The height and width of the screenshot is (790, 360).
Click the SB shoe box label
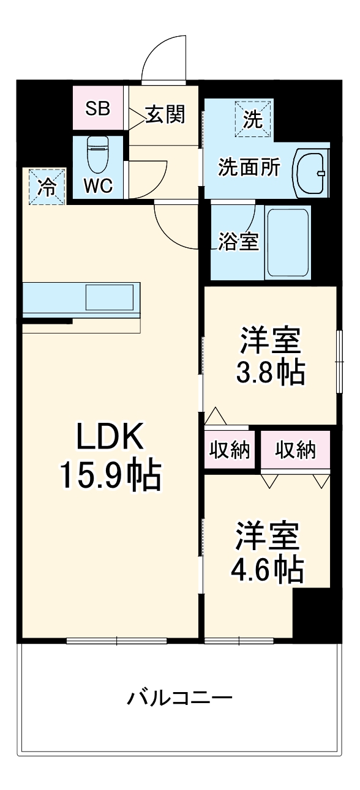coord(97,108)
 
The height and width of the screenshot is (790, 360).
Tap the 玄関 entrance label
coord(165,114)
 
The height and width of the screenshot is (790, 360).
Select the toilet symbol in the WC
coord(97,155)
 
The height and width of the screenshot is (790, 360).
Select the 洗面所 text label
coord(249,167)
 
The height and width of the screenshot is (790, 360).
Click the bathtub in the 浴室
coord(287,242)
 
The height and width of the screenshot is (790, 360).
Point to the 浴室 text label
coord(238,242)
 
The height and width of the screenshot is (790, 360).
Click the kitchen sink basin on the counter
coord(108,297)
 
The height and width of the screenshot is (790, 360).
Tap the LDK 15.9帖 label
coord(110,456)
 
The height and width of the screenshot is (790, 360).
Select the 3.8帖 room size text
coord(270,372)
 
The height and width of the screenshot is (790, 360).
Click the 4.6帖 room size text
coord(267,570)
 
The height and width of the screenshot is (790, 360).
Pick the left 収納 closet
coord(230,450)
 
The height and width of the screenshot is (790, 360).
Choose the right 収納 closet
coord(295,450)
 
